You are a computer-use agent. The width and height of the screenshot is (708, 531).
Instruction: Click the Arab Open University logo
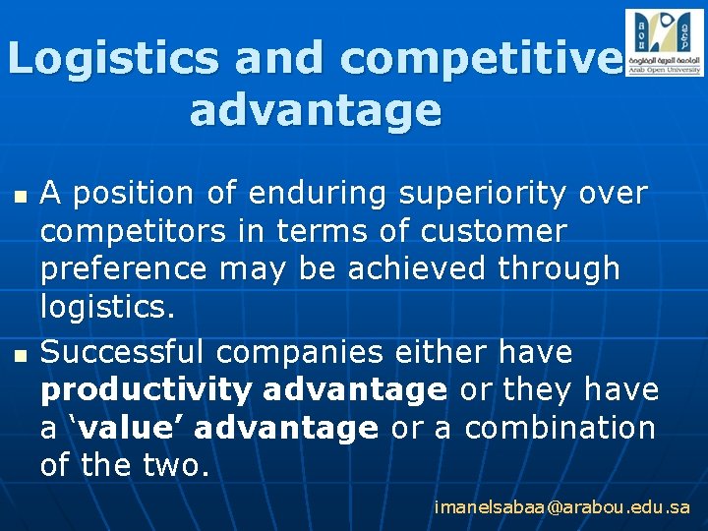point(664,42)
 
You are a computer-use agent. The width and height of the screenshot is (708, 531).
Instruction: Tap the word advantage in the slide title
point(315,110)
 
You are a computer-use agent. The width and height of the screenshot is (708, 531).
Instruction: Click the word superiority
point(483,194)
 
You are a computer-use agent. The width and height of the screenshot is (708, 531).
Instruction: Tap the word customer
point(494,231)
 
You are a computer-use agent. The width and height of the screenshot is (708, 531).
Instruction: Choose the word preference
point(124,268)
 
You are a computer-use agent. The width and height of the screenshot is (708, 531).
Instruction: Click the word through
point(560,267)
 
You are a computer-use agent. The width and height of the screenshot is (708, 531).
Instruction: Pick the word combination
point(560,428)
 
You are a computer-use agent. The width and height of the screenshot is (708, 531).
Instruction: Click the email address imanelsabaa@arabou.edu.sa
point(561,507)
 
